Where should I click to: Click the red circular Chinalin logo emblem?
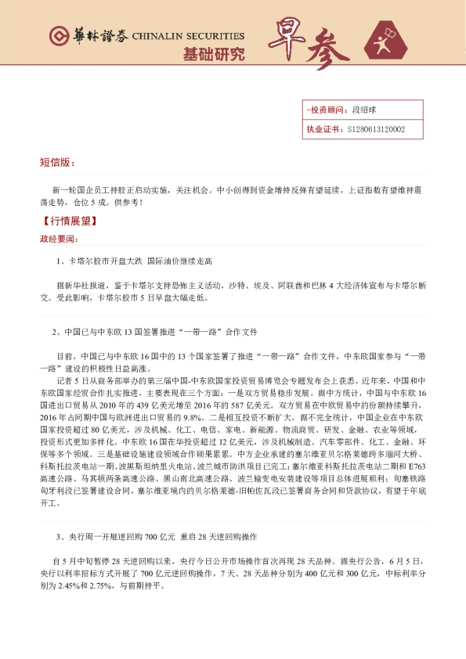(x=57, y=36)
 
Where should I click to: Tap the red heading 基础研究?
(x=213, y=55)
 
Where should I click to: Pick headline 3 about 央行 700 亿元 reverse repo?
(x=156, y=538)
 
